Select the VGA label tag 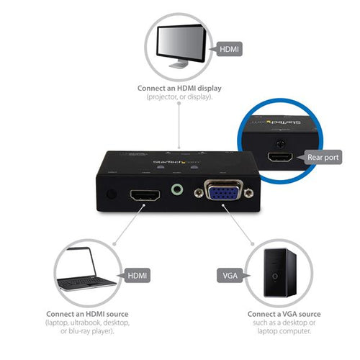[228, 275]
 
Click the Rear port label [323, 157]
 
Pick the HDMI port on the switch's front [145, 195]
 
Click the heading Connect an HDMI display [179, 89]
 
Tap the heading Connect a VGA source [284, 314]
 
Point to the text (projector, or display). [179, 96]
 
